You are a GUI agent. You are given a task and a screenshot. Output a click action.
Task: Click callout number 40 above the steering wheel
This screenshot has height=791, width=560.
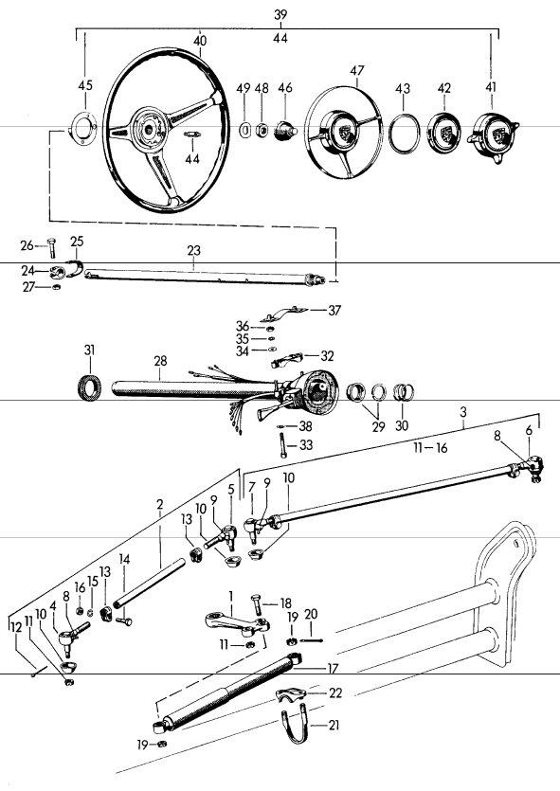tap(199, 41)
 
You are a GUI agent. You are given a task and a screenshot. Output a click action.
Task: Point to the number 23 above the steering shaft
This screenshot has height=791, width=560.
tap(194, 252)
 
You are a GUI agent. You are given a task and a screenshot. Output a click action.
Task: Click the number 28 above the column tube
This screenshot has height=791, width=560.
tap(160, 362)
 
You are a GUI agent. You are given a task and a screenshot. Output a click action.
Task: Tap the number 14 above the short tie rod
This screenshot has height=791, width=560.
tap(125, 560)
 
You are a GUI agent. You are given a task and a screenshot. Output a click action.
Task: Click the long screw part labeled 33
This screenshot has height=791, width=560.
tap(282, 448)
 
